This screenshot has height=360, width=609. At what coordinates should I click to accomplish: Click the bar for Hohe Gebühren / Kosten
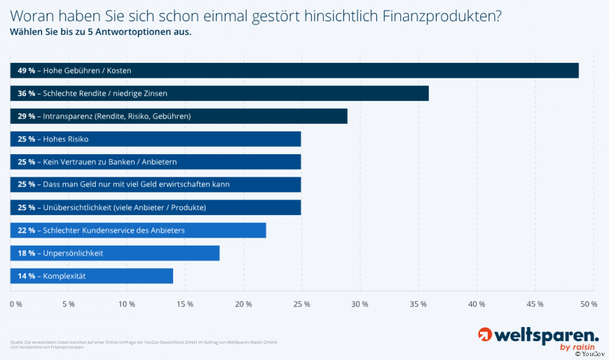(x=295, y=71)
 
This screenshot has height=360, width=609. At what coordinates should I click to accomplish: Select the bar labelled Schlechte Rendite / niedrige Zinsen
(x=220, y=93)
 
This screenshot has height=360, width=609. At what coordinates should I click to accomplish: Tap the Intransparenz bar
(x=179, y=117)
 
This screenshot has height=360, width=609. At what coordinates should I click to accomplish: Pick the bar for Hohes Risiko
(x=156, y=139)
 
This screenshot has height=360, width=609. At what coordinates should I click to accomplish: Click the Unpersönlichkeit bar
(x=115, y=253)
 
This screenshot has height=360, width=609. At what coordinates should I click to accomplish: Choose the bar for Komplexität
(x=92, y=276)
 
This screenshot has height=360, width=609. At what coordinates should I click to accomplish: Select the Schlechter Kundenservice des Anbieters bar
(x=139, y=231)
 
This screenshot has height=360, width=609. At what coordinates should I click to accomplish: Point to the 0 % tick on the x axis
(x=16, y=304)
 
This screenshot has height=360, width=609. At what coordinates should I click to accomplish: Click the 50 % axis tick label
(x=588, y=304)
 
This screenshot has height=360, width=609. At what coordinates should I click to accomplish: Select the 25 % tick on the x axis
(x=302, y=304)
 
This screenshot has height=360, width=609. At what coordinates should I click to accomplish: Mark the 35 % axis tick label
(x=418, y=304)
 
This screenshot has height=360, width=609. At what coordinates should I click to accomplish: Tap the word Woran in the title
(x=30, y=16)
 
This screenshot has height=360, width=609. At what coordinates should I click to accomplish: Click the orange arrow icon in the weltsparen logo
(x=485, y=335)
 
